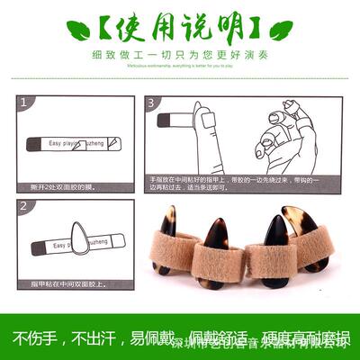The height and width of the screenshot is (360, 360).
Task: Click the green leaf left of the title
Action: [78, 31]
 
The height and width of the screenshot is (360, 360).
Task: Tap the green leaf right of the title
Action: [281, 31]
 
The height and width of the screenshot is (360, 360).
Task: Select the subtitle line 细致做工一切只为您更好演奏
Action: [179, 54]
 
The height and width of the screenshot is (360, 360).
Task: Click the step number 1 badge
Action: [24, 104]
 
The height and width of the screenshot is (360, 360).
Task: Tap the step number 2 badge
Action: [24, 208]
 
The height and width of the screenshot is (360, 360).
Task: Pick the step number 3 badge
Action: [152, 104]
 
